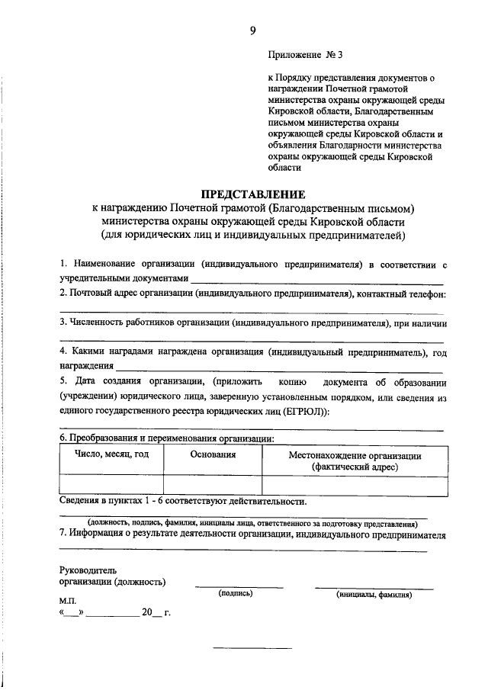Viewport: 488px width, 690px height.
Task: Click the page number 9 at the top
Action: [x=252, y=30]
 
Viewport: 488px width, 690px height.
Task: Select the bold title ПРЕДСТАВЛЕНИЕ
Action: [x=252, y=194]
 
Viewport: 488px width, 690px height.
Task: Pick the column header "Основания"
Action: [x=213, y=454]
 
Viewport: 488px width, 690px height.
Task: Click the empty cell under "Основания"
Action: [x=213, y=485]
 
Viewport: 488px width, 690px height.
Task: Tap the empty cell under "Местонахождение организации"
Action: [x=355, y=485]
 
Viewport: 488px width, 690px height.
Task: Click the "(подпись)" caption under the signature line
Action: [x=236, y=592]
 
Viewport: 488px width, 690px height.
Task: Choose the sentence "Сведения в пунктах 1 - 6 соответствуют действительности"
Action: [x=183, y=502]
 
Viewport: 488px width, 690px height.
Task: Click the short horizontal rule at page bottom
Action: [x=252, y=648]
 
